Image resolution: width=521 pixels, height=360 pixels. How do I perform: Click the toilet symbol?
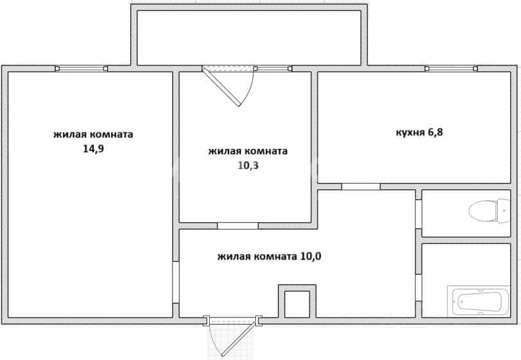point(489,211)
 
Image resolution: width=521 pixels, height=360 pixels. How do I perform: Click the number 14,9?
point(94,149)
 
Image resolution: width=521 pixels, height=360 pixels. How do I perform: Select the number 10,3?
point(248,165)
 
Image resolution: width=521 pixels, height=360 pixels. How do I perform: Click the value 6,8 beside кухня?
point(435,132)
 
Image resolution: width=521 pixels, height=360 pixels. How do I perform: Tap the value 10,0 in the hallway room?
point(311,257)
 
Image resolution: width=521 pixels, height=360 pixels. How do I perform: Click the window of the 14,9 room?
point(81,69)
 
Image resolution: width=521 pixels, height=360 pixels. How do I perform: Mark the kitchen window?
point(451,69)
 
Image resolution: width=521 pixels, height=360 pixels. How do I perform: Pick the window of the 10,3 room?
point(273,69)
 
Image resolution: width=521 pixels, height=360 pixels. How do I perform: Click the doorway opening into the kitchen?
point(361,187)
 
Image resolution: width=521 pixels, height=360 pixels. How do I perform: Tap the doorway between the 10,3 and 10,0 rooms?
point(238,226)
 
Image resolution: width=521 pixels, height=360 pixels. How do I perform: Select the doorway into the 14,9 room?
point(176,282)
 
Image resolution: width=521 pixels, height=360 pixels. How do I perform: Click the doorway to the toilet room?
point(418,214)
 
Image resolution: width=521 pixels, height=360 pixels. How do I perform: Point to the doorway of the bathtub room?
point(418,288)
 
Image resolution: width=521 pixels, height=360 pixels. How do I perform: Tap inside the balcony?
point(249,38)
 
